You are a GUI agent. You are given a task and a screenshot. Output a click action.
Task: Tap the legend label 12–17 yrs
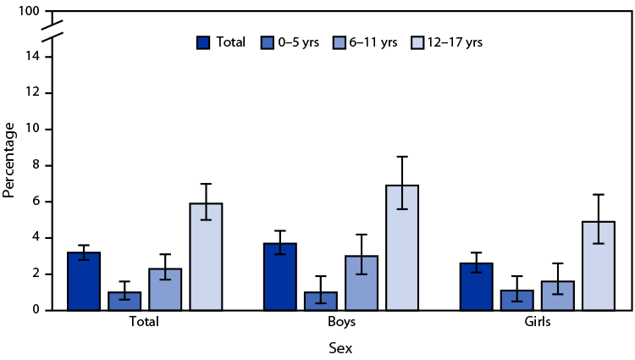[x=456, y=42]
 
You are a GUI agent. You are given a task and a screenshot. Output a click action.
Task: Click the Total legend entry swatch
[x=204, y=42]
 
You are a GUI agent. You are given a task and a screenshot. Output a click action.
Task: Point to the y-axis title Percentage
[x=9, y=160]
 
